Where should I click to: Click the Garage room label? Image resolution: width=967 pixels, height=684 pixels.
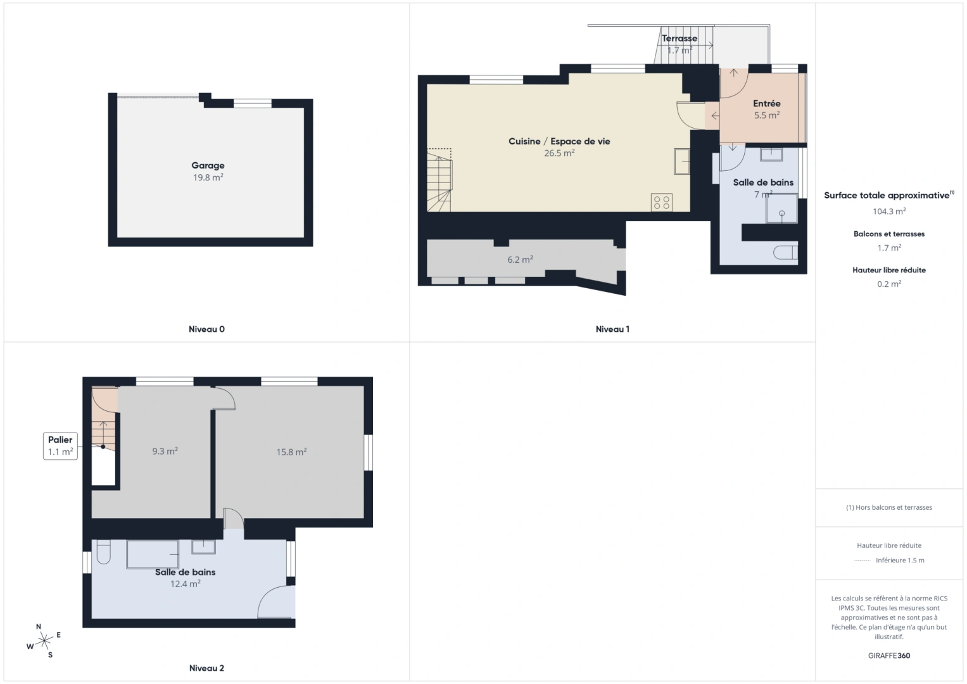208,166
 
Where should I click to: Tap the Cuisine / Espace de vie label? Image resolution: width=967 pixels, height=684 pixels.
559,141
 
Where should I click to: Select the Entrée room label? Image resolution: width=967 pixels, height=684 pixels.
766,104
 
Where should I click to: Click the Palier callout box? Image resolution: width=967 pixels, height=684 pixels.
60,446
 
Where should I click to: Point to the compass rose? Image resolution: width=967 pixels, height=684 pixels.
44,641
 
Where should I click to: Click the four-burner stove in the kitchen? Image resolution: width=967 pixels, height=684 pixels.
662,202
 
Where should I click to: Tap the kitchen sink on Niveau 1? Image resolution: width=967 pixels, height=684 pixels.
681,161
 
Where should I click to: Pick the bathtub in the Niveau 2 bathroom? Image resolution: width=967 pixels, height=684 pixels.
152,554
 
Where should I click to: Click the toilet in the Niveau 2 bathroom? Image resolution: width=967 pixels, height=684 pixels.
103,552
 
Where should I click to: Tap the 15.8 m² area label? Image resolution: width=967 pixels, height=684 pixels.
291,452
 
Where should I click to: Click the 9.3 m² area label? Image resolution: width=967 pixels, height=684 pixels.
165,452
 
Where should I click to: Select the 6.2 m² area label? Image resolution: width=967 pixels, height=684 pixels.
520,260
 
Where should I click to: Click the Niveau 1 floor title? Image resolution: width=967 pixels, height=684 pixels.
612,329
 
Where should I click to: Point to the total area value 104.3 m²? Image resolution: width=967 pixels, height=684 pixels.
889,212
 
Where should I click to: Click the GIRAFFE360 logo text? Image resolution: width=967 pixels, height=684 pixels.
889,655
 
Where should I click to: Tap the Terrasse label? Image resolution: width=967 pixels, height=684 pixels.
679,39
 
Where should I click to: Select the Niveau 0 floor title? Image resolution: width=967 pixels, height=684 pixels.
206,329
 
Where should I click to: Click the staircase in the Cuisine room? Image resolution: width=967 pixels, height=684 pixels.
439,180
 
